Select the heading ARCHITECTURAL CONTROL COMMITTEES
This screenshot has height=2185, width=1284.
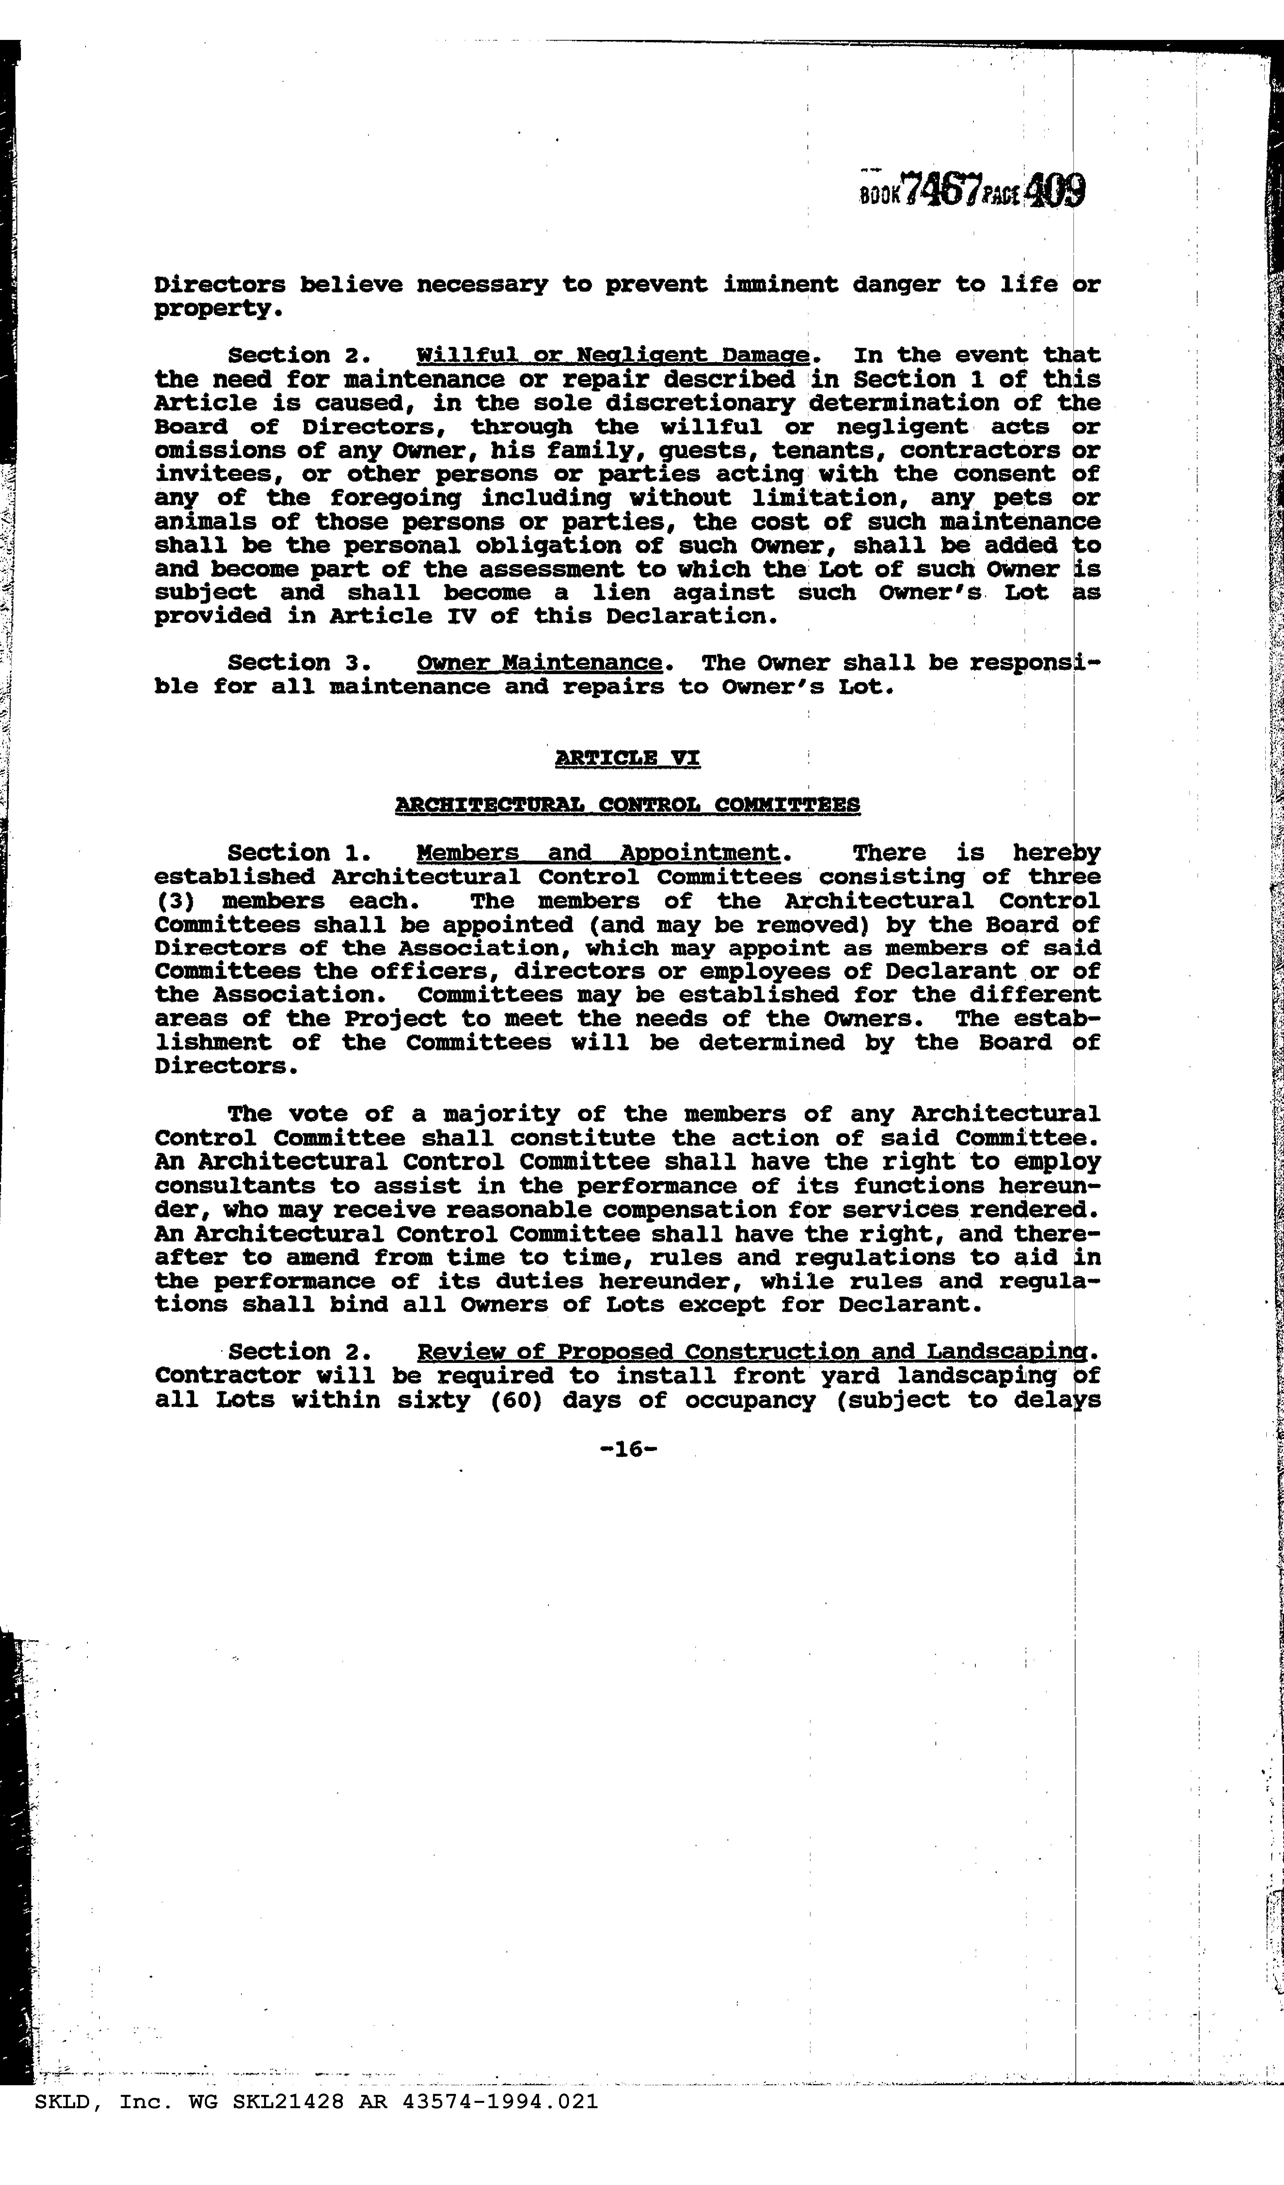628,804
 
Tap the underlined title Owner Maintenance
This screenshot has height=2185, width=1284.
539,663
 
